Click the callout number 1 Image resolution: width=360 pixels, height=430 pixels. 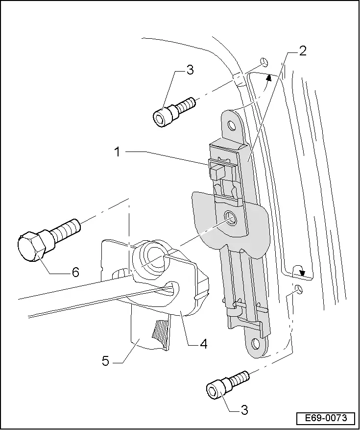(x=117, y=152)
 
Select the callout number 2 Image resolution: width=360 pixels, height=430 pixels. (x=303, y=51)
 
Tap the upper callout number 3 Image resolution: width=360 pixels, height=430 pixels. (x=190, y=70)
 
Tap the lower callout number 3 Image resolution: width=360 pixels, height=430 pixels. (x=244, y=410)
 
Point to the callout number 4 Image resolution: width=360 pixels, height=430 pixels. (x=203, y=344)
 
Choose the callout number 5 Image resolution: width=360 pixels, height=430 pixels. (x=106, y=361)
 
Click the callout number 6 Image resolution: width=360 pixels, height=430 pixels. (x=75, y=272)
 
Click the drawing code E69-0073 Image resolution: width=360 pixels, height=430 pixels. (x=325, y=418)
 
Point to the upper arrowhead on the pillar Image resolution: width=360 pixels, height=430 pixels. (x=268, y=76)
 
